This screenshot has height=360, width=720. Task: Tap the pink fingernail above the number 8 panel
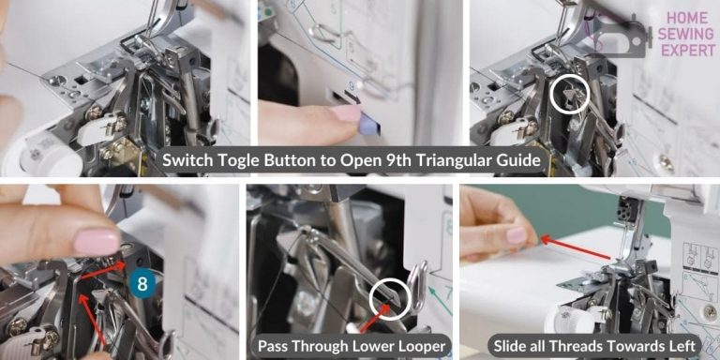(97, 242)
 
